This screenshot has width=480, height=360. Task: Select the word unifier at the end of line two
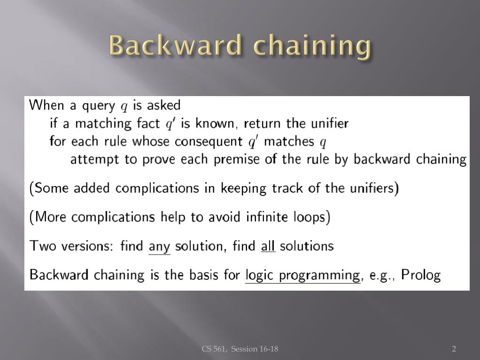[x=330, y=123]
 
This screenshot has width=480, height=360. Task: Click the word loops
[x=312, y=217]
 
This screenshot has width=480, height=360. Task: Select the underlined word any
[x=159, y=246]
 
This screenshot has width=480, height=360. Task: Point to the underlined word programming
[x=319, y=275]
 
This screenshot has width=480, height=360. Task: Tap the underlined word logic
[x=260, y=275]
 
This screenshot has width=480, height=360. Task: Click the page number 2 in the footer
[x=454, y=348]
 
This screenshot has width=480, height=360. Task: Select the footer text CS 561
[x=214, y=348]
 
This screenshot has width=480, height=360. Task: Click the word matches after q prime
[x=289, y=142]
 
